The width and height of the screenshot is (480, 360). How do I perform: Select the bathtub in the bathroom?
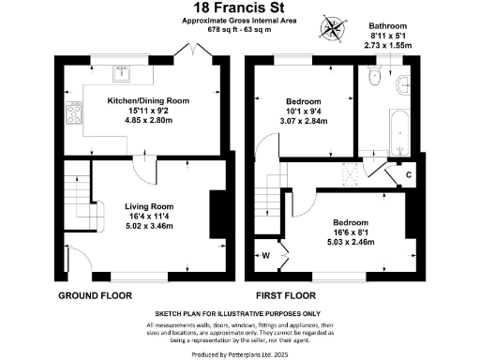pos(394,132)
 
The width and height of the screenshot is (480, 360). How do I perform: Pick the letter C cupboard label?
pos(409,173)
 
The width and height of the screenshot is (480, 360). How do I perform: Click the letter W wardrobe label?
pos(265,254)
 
